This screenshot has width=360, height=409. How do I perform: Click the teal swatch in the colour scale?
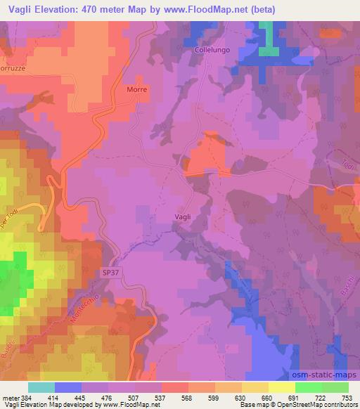click(x=41, y=387)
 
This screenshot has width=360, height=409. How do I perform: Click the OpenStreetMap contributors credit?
click(x=317, y=405)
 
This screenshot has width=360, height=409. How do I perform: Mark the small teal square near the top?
click(x=267, y=51)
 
